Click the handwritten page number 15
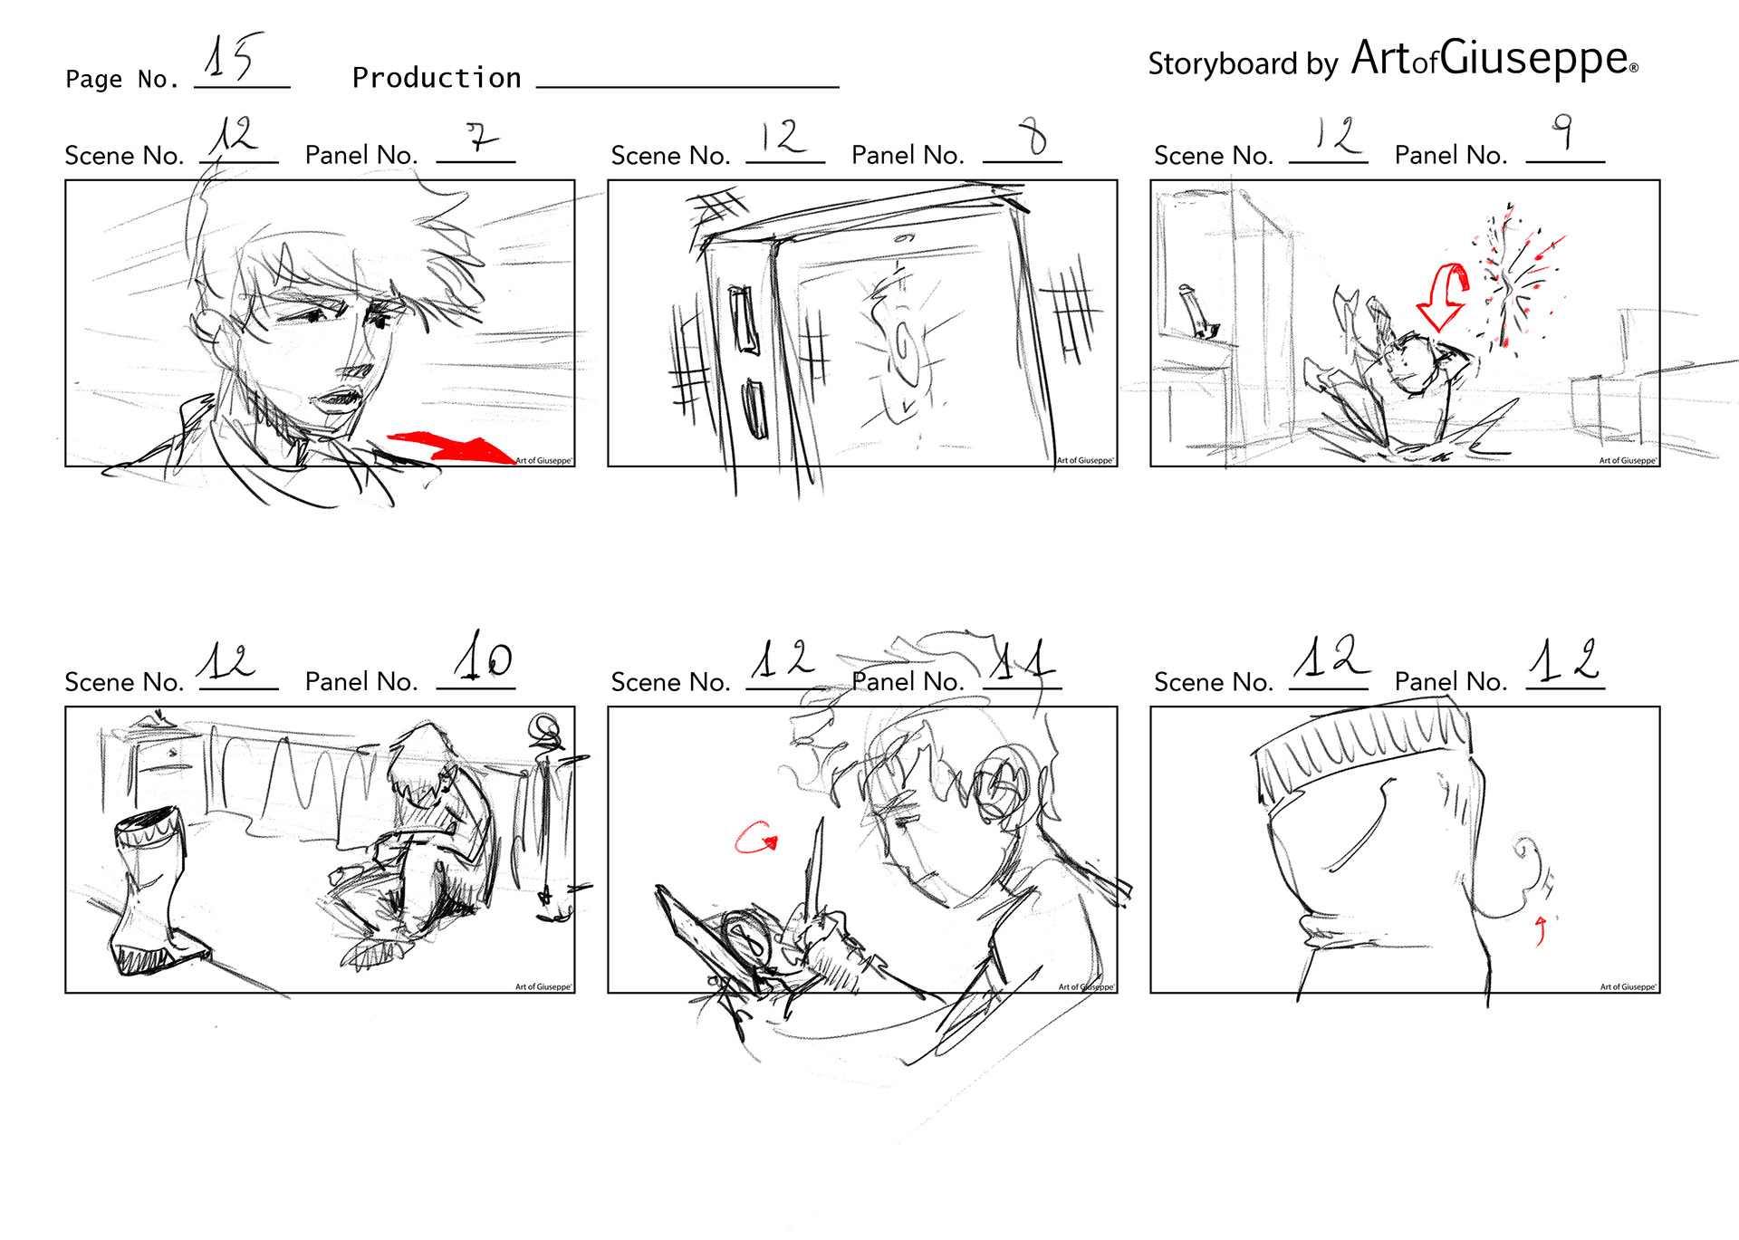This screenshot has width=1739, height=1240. [233, 56]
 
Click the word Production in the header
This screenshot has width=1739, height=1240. [437, 78]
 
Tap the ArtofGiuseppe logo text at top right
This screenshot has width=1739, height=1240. [1494, 58]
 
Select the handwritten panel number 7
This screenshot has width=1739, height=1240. [482, 137]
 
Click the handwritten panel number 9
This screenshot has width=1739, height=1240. [1562, 130]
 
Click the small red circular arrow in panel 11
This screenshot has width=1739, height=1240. [755, 838]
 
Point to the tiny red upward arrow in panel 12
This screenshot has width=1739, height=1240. [1541, 930]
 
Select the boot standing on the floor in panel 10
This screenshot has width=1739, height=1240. [156, 889]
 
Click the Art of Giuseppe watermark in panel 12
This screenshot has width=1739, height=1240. [1628, 987]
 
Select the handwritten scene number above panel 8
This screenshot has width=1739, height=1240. [782, 137]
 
